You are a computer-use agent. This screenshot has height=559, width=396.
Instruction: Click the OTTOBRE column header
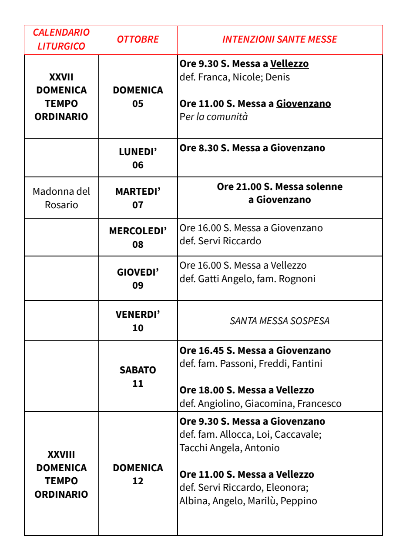click(138, 40)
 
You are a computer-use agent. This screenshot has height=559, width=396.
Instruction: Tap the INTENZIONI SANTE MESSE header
click(279, 40)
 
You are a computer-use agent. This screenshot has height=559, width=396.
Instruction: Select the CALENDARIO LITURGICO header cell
click(61, 40)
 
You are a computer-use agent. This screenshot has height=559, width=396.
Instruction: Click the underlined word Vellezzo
click(289, 64)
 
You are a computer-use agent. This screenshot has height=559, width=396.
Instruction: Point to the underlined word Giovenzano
click(303, 104)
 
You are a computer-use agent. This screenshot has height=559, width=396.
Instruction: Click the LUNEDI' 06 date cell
click(138, 158)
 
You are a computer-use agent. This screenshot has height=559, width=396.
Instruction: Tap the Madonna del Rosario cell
click(61, 198)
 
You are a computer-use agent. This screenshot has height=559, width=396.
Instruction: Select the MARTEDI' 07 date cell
click(138, 198)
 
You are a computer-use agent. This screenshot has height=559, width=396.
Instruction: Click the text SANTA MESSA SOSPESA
click(279, 321)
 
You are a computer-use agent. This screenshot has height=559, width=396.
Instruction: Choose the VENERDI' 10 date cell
click(138, 321)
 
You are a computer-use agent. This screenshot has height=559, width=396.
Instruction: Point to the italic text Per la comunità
click(214, 117)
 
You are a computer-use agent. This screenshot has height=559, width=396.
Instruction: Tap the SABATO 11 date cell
click(138, 377)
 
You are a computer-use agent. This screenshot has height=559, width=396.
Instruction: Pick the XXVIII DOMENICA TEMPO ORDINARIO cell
click(61, 474)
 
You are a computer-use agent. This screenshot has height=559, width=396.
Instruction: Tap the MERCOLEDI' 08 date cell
click(138, 237)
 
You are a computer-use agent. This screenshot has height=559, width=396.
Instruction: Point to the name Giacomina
click(268, 403)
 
